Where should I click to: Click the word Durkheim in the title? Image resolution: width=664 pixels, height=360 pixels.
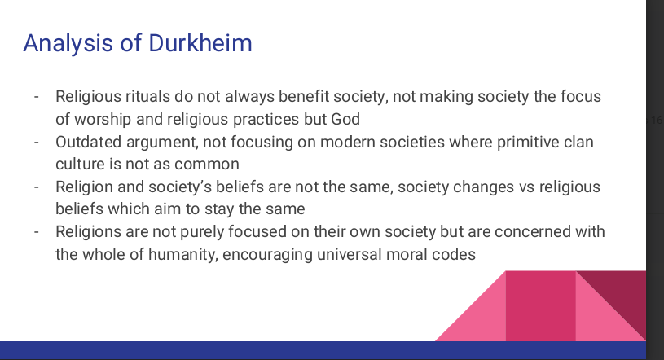coord(200,43)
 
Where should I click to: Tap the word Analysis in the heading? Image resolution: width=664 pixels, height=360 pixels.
coord(68,44)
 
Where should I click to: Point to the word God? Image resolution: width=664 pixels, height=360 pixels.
coord(345,120)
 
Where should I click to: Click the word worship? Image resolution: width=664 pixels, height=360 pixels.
coord(103,120)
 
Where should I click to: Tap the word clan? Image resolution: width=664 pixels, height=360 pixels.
coord(579,142)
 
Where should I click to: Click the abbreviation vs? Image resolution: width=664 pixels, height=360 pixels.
coord(527,187)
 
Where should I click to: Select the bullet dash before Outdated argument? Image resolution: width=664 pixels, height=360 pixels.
coord(37,142)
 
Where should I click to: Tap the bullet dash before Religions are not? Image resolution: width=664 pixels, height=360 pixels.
coord(37,231)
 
